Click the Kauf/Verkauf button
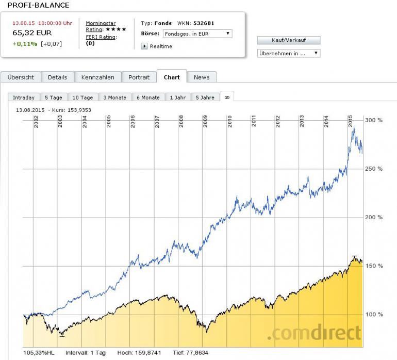click(289, 40)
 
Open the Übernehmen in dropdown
click(289, 53)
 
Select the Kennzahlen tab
click(97, 77)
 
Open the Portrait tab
click(139, 77)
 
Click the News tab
click(202, 77)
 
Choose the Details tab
click(57, 77)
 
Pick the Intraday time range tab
click(24, 97)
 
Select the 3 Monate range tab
click(114, 97)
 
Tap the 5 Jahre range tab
click(205, 97)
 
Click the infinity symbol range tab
click(226, 97)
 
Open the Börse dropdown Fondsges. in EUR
click(197, 34)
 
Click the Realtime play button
click(144, 46)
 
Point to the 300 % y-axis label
click(374, 120)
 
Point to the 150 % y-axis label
click(374, 266)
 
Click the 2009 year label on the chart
click(205, 121)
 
